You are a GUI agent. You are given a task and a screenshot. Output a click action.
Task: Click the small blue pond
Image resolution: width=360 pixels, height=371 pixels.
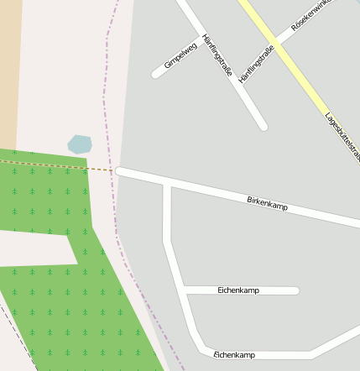pyautogui.click(x=79, y=144)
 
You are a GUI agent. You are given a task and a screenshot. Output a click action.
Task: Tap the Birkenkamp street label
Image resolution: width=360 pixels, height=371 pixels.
pyautogui.click(x=268, y=203)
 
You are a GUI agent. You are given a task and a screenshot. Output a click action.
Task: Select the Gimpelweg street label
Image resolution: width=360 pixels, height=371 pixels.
pyautogui.click(x=180, y=55)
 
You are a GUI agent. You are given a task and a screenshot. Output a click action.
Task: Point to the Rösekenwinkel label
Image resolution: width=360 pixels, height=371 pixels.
pyautogui.click(x=310, y=15)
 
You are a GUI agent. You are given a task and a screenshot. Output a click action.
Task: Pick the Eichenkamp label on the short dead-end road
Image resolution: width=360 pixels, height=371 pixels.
pyautogui.click(x=238, y=290)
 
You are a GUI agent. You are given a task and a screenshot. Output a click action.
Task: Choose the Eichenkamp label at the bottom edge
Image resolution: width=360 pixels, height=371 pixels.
pyautogui.click(x=234, y=355)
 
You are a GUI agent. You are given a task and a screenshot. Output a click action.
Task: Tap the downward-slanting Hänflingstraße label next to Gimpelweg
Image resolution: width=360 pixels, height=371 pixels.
pyautogui.click(x=217, y=56)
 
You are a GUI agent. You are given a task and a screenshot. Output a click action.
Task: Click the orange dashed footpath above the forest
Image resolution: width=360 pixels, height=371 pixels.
pyautogui.click(x=59, y=165)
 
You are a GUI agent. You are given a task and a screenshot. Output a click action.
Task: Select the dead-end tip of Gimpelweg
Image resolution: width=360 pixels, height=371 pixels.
pyautogui.click(x=156, y=75)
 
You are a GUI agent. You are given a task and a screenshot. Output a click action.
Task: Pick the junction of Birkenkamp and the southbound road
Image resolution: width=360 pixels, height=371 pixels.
pyautogui.click(x=167, y=182)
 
